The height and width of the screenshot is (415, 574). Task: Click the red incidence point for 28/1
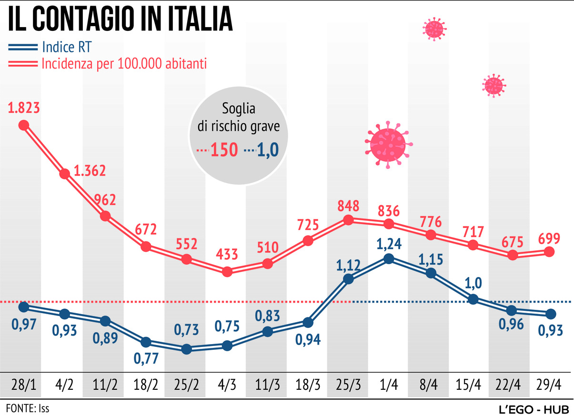24,125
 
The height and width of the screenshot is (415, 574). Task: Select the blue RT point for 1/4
389,259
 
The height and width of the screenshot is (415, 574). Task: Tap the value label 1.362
90,171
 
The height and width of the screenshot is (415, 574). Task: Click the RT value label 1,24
389,245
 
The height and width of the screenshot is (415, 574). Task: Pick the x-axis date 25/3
348,384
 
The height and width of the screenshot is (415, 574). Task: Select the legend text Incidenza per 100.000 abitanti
124,63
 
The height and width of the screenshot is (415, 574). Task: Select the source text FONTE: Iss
28,408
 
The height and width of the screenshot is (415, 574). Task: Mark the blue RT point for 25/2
186,349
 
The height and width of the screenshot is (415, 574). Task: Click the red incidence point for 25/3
348,220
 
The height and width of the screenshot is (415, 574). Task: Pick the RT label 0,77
146,358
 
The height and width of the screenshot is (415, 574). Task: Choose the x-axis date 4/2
64,384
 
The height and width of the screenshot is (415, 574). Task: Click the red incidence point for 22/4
513,255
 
